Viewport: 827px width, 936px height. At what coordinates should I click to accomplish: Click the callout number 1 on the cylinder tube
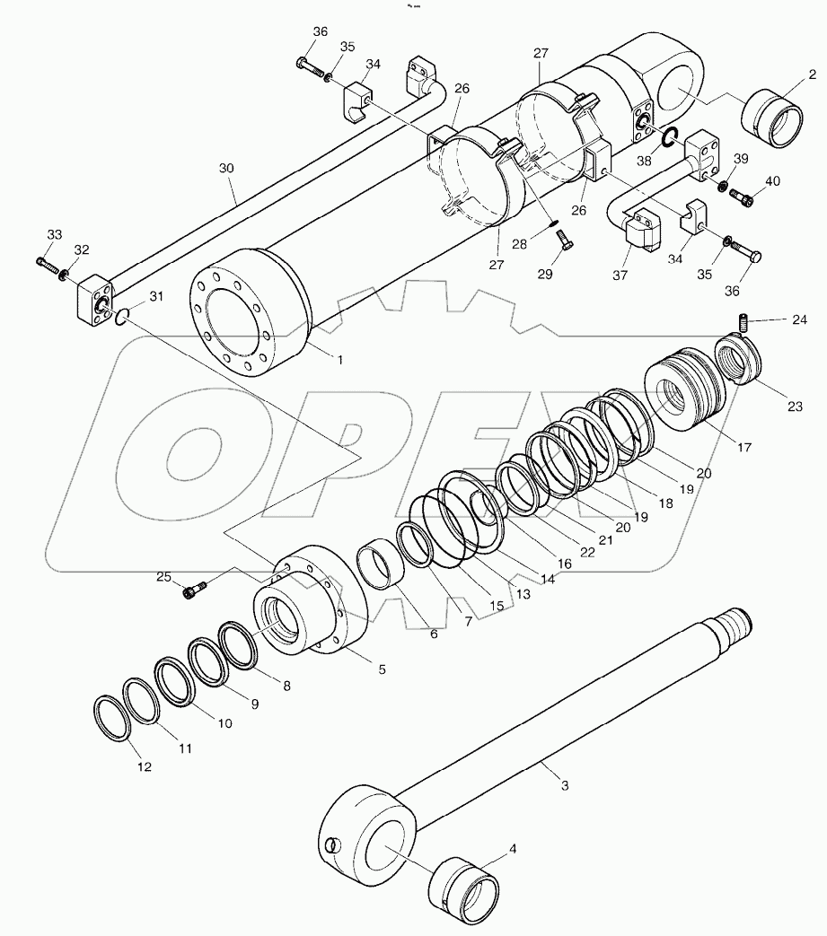pos(340,359)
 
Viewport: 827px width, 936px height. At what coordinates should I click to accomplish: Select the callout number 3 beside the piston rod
pos(564,786)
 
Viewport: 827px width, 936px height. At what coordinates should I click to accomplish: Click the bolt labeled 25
pos(195,590)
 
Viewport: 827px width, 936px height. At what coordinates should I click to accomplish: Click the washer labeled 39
pos(722,186)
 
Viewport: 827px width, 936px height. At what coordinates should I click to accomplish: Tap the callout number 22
pos(585,552)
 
